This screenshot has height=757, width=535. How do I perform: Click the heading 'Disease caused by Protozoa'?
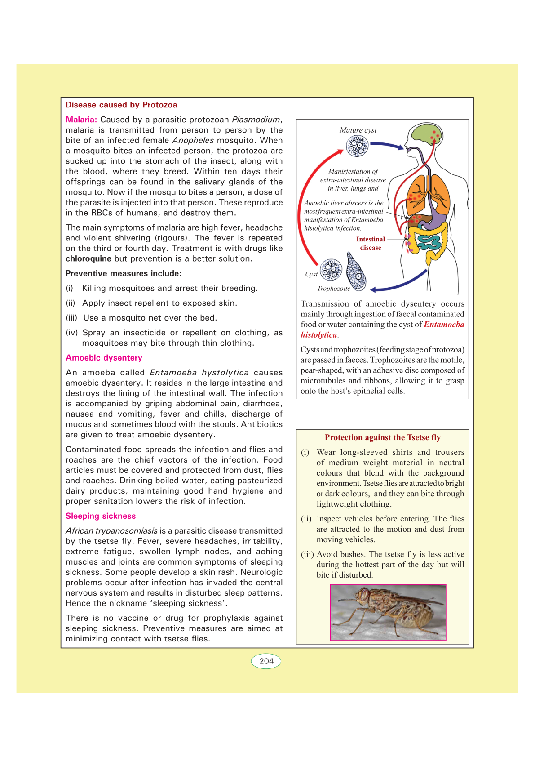121,105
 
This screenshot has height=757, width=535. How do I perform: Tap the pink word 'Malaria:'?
81,120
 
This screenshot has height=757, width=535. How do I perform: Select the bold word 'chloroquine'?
88,259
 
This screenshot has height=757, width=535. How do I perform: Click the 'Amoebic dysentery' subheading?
104,358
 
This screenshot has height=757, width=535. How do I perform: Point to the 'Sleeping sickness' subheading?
101,516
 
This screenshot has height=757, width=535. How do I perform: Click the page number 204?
266,661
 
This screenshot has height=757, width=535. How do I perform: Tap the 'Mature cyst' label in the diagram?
358,130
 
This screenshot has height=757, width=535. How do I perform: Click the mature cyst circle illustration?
357,146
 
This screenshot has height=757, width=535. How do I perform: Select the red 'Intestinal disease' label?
371,244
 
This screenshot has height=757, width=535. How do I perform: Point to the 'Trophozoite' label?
333,289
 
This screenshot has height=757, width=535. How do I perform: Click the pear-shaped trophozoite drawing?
356,270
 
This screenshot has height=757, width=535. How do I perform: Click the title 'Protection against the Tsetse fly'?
383,438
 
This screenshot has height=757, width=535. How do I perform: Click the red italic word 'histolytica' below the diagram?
318,335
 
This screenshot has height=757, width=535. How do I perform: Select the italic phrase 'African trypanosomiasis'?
111,531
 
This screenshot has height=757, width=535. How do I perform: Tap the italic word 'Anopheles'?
193,141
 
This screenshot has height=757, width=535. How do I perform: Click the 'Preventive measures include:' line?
124,274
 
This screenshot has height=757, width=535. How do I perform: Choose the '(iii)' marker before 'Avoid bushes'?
307,554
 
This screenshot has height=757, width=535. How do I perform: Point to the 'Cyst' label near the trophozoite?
311,274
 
